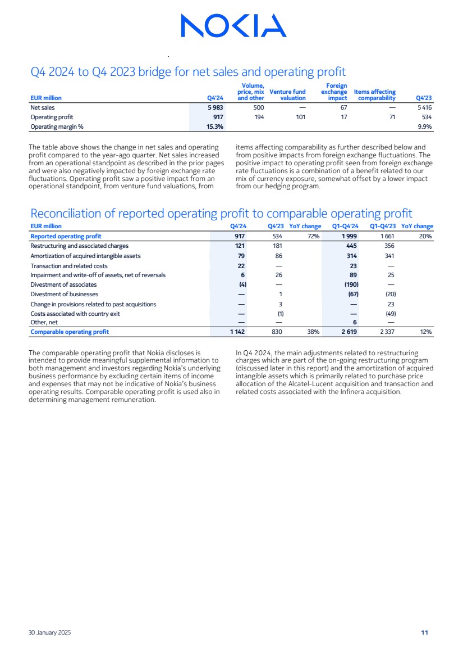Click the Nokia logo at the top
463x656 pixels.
233,26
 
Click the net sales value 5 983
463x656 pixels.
215,107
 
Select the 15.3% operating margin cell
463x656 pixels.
215,126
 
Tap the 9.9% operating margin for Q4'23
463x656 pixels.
424,126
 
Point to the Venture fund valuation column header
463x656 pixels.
287,95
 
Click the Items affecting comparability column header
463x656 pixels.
375,95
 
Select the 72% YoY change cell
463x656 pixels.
313,237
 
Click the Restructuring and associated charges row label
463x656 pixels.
79,246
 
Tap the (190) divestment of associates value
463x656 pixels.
351,284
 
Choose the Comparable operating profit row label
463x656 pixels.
70,332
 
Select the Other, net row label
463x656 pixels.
44,322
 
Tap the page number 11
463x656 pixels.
425,632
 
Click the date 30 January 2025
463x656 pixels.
50,632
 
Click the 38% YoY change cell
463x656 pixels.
313,332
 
